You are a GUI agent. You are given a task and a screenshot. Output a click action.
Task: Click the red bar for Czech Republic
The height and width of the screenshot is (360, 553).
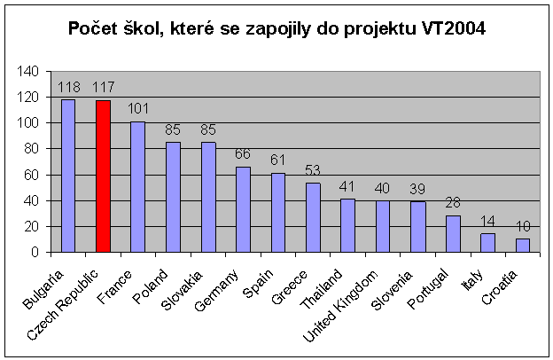(104, 176)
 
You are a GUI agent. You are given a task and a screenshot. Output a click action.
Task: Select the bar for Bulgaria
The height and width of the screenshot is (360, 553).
(68, 176)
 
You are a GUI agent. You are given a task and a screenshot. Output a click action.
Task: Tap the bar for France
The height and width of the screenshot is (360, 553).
(138, 187)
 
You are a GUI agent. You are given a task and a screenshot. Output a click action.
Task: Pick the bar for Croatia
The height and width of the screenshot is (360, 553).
(523, 246)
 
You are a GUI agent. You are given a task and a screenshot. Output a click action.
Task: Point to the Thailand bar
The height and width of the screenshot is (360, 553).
(347, 225)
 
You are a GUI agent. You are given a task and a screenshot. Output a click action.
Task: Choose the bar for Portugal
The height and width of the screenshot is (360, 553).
(453, 234)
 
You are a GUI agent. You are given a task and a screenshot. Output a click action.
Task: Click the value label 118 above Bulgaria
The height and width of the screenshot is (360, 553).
(69, 87)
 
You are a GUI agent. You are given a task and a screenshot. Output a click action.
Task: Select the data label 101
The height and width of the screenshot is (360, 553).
(138, 108)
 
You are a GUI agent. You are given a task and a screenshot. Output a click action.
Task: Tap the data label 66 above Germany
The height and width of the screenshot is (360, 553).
(243, 154)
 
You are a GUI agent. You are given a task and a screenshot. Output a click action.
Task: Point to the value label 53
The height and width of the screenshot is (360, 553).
(313, 170)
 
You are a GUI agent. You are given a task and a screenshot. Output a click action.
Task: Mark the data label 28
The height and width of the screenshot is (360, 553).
(453, 202)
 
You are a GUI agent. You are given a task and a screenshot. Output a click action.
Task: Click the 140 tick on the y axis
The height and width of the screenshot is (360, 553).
(27, 71)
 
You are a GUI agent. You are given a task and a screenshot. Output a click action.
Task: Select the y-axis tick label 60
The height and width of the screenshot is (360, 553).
(31, 175)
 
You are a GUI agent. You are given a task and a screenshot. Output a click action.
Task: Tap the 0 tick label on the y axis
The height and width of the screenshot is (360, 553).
(35, 252)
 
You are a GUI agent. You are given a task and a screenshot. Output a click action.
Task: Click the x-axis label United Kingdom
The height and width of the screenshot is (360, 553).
(340, 306)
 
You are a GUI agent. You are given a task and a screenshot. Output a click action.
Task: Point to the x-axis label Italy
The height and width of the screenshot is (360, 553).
(472, 280)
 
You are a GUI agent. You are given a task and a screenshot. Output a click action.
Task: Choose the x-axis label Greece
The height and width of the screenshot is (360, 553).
(289, 287)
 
